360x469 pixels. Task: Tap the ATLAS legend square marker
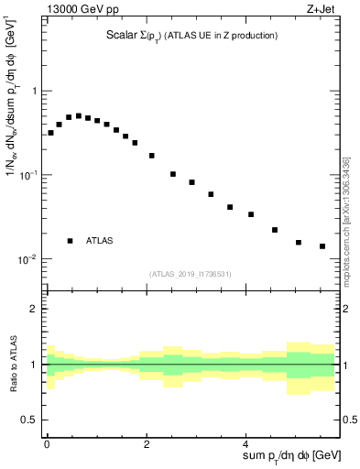click(71, 240)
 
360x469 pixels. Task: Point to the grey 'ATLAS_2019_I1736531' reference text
click(191, 274)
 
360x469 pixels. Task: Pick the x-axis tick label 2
click(147, 442)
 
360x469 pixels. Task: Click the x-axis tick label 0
click(47, 442)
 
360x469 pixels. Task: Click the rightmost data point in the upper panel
click(322, 246)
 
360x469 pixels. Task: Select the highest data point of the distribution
click(79, 116)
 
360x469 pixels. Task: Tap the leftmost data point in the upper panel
click(50, 133)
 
